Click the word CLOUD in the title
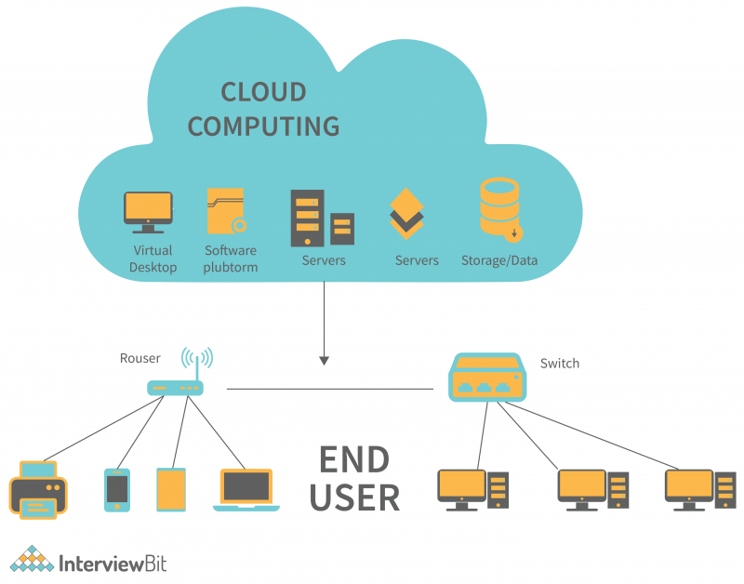pos(263,92)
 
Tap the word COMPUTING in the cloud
pos(263,126)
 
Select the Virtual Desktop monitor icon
pos(148,212)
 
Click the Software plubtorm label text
pos(230,259)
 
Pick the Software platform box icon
pos(226,211)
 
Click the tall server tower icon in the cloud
pos(306,218)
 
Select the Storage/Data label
pos(499,260)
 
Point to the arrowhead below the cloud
pos(324,359)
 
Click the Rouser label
pos(140,358)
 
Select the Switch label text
pos(559,364)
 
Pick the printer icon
pos(38,488)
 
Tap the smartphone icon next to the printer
pos(116,489)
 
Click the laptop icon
pos(246,490)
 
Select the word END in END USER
pos(354,459)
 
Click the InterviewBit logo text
pos(112,564)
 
